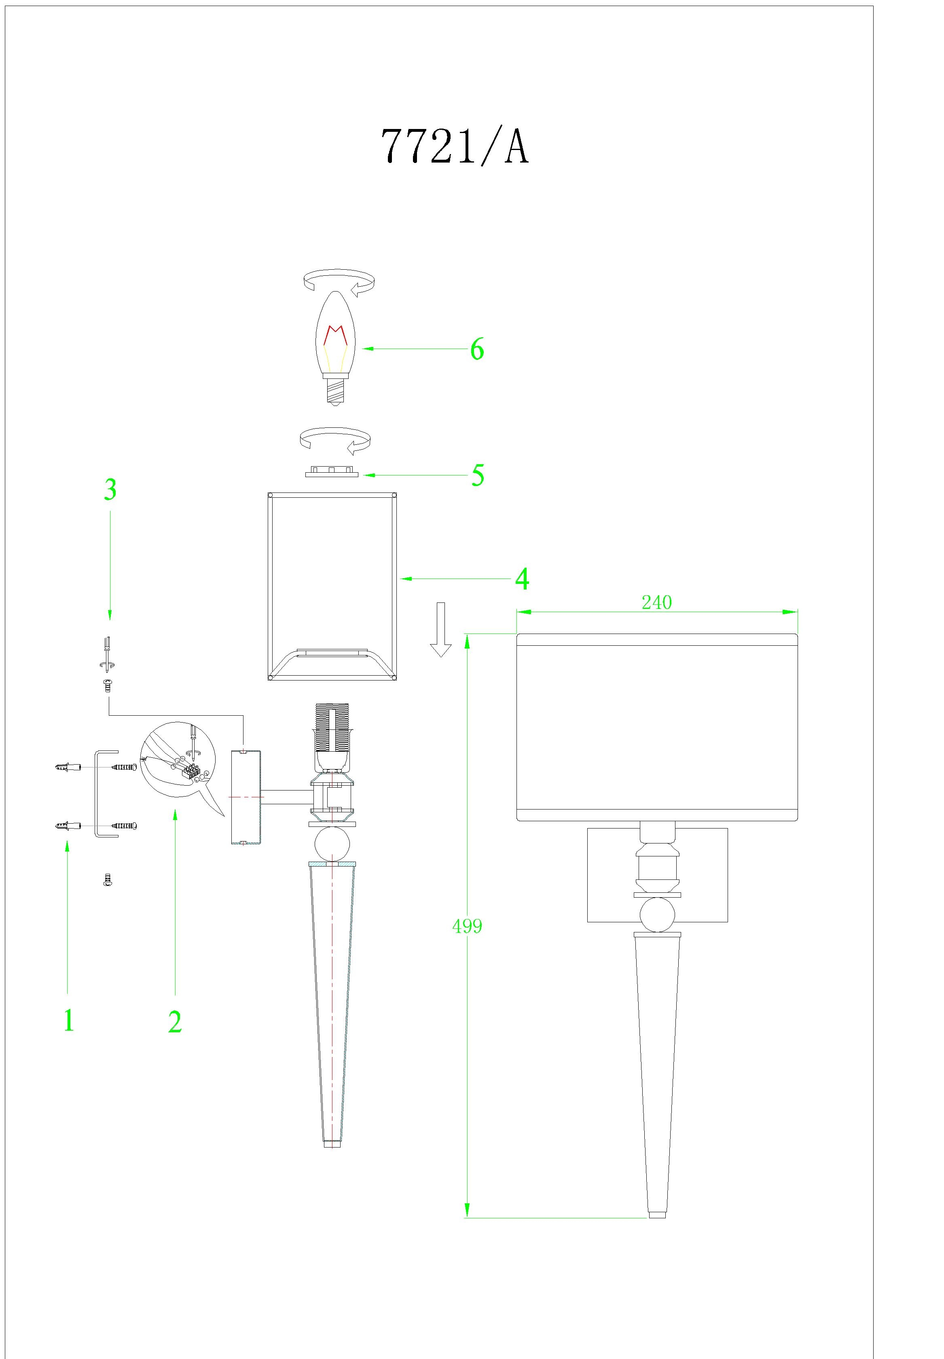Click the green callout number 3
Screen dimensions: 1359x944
click(110, 490)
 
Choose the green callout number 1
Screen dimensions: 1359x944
click(69, 1021)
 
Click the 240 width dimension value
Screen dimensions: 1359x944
click(656, 602)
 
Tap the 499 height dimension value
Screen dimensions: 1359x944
click(467, 926)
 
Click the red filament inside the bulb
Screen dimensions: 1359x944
click(335, 335)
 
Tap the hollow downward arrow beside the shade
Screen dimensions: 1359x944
click(440, 630)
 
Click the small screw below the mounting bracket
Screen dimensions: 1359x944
click(108, 881)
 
